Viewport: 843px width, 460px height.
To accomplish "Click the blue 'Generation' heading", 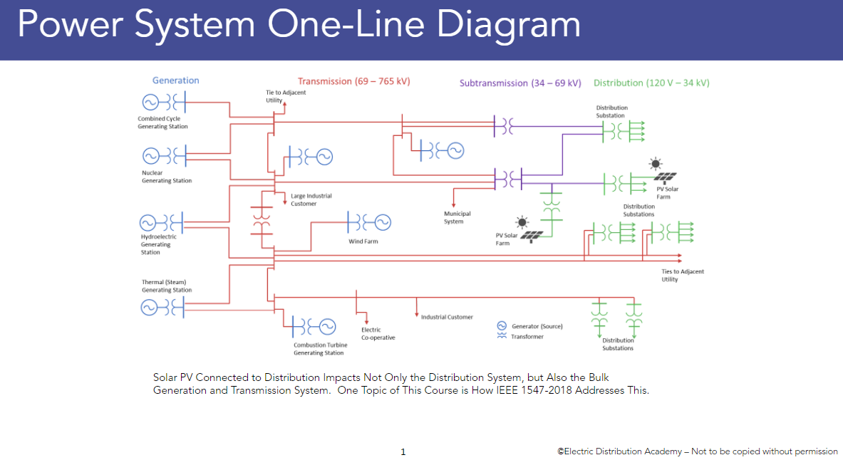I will (175, 80).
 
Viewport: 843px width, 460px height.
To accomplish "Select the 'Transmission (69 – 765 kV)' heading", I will (353, 81).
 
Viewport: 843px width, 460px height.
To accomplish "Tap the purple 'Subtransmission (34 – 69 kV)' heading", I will (520, 83).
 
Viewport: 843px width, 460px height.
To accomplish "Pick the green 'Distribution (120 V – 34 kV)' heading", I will (651, 83).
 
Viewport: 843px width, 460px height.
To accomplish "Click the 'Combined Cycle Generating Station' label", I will (162, 122).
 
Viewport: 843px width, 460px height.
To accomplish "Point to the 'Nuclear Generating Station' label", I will (166, 177).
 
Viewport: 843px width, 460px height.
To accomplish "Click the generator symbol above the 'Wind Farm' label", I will (383, 222).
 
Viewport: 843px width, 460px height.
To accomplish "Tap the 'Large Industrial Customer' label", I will (311, 199).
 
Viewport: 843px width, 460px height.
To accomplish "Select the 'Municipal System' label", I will (457, 217).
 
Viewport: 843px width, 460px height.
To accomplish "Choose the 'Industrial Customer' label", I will (447, 317).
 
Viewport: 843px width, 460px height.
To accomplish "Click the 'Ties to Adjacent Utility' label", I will (682, 276).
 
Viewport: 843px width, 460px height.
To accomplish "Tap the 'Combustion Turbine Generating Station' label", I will (320, 349).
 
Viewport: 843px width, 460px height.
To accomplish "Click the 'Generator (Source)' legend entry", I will (537, 326).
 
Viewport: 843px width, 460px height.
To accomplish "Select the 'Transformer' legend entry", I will (527, 336).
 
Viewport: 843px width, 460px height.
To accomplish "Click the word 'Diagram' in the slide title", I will (508, 25).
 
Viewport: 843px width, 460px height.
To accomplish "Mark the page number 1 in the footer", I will (403, 451).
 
